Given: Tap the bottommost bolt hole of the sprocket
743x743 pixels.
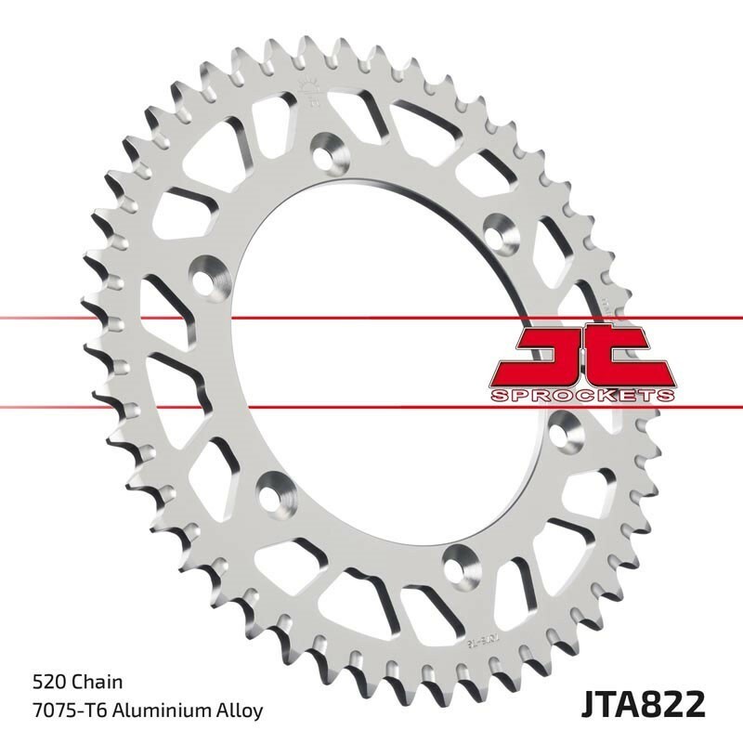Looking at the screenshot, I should (457, 559).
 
